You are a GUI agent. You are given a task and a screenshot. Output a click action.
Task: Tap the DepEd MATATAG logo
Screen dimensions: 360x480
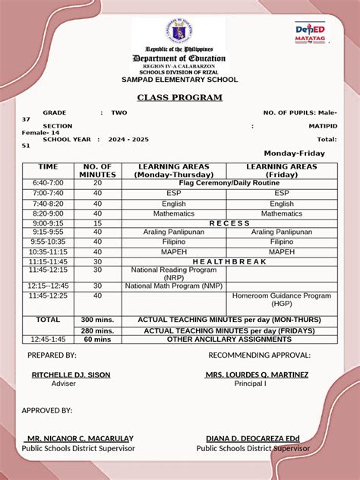pos(310,32)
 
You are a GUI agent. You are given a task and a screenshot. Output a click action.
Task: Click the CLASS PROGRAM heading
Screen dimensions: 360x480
pos(179,97)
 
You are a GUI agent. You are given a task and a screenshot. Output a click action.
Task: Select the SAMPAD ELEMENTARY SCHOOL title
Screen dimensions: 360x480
pos(179,79)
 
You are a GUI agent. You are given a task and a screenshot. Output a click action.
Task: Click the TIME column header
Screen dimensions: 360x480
pos(48,166)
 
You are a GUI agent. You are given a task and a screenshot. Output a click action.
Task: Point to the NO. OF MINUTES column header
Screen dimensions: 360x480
pos(97,170)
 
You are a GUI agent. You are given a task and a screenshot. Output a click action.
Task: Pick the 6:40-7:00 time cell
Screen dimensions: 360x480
pos(48,183)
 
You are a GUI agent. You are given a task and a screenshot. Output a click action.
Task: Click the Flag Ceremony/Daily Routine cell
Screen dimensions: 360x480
pos(229,183)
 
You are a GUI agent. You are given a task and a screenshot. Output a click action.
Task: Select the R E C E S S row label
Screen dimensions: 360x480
pos(229,223)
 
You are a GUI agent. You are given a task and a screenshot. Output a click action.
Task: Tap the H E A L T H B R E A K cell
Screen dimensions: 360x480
pos(229,261)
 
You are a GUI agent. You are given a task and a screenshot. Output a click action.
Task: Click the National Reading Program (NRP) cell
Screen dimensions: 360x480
pos(174,273)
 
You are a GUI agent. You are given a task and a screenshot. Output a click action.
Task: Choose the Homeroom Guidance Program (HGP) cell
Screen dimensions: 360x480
pos(282,299)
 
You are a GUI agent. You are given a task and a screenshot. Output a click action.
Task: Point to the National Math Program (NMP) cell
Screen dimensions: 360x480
pos(174,286)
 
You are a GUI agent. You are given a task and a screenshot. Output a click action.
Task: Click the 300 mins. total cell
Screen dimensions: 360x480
pos(97,320)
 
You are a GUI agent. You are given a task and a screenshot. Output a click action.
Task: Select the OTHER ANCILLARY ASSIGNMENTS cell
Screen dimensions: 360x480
pos(229,339)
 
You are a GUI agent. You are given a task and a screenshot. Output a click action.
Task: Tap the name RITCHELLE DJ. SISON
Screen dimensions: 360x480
pos(71,374)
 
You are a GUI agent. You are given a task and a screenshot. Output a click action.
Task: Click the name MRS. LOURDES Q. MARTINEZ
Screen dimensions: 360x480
pos(257,374)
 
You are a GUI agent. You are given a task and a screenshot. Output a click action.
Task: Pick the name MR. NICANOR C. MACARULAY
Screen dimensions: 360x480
pos(79,438)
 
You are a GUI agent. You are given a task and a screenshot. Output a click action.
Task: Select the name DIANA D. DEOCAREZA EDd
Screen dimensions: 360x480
pos(253,438)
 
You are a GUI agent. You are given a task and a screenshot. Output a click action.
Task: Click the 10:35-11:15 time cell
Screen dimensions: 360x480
pos(48,251)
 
